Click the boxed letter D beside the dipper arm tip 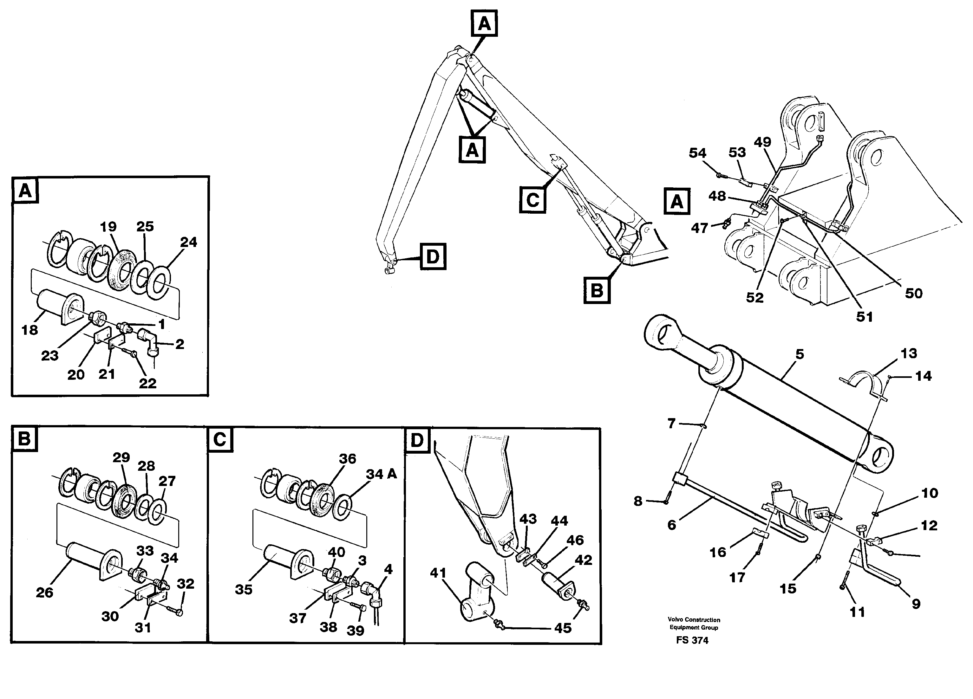click(x=433, y=256)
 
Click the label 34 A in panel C click(x=381, y=474)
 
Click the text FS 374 click(x=692, y=640)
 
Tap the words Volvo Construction click(x=694, y=620)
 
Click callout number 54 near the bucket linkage click(x=697, y=153)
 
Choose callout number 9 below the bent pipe click(x=916, y=604)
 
